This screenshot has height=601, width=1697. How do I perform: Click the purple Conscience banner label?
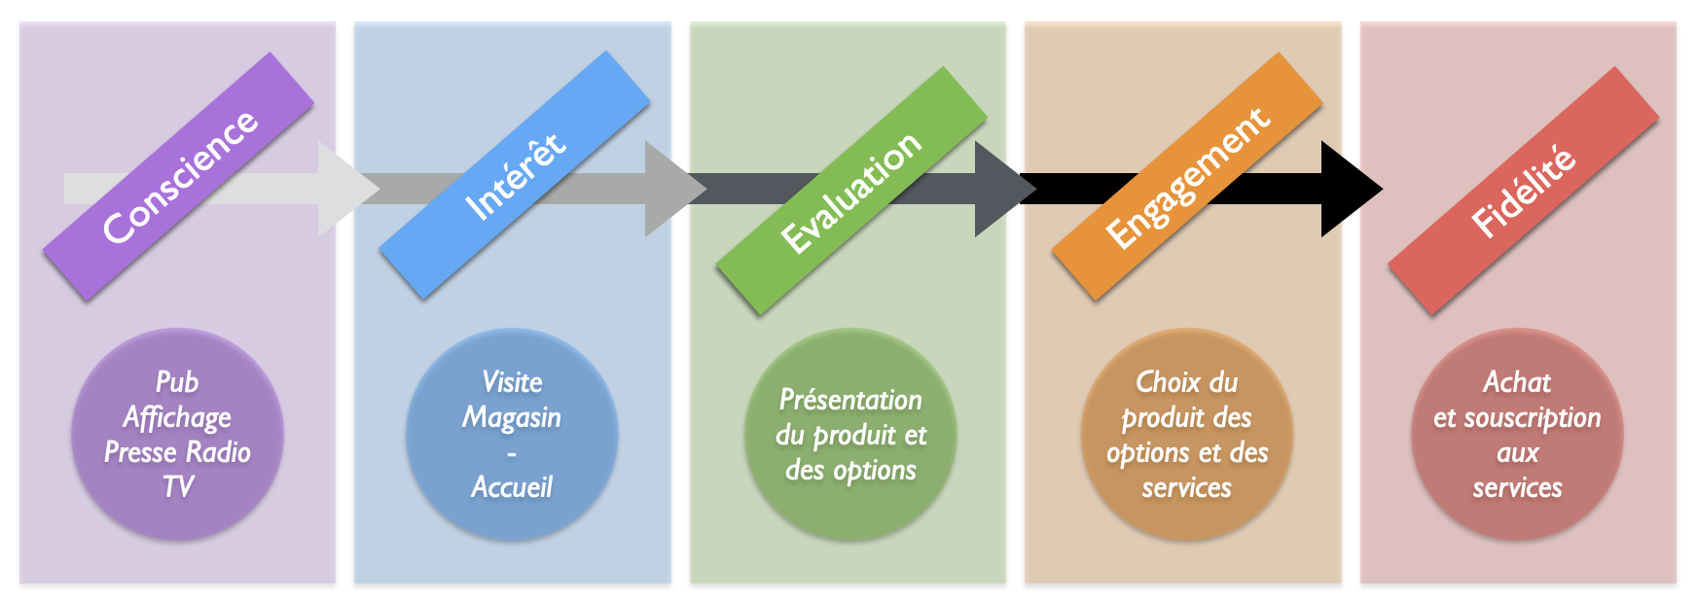(179, 176)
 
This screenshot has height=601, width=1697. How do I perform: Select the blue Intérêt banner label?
(514, 175)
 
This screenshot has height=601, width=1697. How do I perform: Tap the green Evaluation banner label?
(850, 191)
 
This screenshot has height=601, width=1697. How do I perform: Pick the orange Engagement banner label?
(1186, 176)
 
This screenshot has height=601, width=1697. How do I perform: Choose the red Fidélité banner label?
(1523, 191)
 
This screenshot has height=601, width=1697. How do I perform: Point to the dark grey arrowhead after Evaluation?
(1002, 189)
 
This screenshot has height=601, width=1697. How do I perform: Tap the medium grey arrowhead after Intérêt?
(671, 189)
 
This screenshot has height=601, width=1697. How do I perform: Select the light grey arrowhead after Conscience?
(344, 189)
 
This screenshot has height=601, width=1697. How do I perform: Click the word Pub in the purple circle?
(177, 382)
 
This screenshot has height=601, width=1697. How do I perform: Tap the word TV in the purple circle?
(178, 487)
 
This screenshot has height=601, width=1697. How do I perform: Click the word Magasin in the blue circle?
(512, 418)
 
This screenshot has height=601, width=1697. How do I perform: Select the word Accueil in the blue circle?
(512, 487)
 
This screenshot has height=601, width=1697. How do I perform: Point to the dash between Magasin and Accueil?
(512, 454)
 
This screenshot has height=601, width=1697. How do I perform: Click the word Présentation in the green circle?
(850, 400)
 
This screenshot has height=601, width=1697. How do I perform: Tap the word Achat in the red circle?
(1517, 382)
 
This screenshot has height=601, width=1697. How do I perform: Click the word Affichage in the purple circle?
(177, 418)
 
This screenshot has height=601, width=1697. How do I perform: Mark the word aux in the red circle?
(1517, 453)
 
